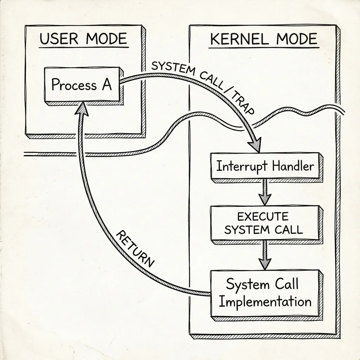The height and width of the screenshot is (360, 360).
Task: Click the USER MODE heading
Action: (x=83, y=39)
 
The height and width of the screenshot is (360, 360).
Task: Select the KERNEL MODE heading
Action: (x=263, y=39)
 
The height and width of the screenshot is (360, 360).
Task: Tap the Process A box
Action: (x=81, y=85)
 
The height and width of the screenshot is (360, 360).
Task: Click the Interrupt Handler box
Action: (x=264, y=166)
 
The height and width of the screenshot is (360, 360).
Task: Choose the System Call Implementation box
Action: (x=264, y=292)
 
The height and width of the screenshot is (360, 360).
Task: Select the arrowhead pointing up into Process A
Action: (x=82, y=107)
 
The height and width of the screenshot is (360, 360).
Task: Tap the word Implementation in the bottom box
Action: (x=264, y=302)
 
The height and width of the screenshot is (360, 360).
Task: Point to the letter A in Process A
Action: (x=106, y=85)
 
